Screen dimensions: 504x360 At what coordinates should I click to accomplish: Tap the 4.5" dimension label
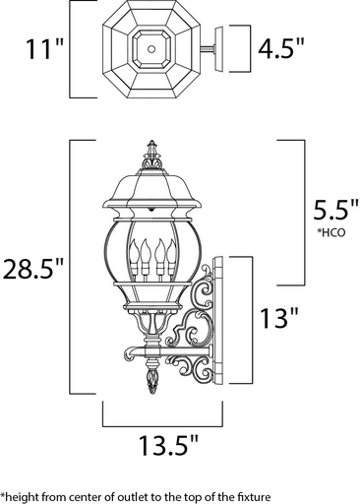pos(281,47)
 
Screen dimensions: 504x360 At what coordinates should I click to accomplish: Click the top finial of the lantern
pos(151,153)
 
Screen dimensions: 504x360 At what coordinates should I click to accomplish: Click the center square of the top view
pos(151,45)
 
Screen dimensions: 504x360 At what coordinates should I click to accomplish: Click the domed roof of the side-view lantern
pos(151,187)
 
